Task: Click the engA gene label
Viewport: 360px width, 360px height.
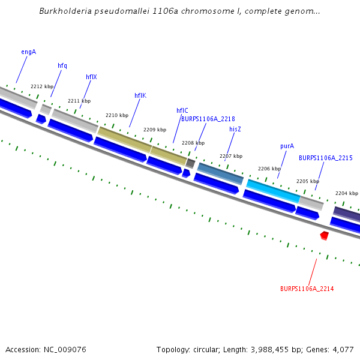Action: pyautogui.click(x=28, y=52)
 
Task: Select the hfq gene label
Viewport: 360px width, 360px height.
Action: pyautogui.click(x=62, y=65)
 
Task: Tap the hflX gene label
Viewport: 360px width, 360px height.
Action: pyautogui.click(x=91, y=77)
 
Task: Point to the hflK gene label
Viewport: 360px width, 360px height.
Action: pyautogui.click(x=140, y=95)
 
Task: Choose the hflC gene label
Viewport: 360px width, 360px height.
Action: pyautogui.click(x=182, y=110)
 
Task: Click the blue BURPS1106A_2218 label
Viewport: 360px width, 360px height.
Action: pyautogui.click(x=208, y=119)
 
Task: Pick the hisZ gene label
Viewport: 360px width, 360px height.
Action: pyautogui.click(x=235, y=129)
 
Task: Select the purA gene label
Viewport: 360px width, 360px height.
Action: pyautogui.click(x=287, y=146)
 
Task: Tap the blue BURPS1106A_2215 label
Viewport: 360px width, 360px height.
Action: pyautogui.click(x=325, y=158)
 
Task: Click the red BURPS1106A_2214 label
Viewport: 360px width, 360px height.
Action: pyautogui.click(x=307, y=289)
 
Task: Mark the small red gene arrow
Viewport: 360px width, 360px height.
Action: pyautogui.click(x=324, y=235)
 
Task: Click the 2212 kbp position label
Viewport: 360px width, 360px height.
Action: pyautogui.click(x=42, y=86)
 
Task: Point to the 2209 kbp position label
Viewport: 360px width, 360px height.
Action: pyautogui.click(x=155, y=130)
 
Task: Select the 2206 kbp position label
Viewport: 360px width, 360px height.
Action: pyautogui.click(x=269, y=169)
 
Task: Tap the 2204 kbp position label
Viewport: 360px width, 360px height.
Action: pyautogui.click(x=346, y=193)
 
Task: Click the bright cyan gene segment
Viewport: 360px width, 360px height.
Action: pyautogui.click(x=273, y=190)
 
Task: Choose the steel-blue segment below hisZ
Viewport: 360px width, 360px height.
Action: pyautogui.click(x=220, y=173)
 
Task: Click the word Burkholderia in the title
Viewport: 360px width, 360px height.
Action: pyautogui.click(x=66, y=11)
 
